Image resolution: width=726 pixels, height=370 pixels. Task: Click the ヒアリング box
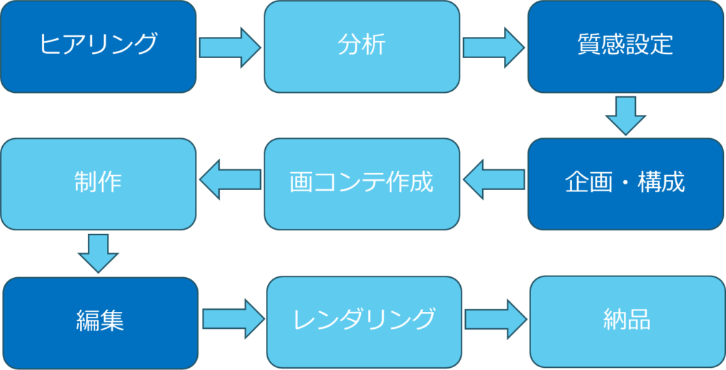click(98, 46)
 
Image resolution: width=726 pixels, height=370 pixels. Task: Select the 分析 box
click(362, 46)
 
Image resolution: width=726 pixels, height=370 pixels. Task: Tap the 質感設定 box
click(625, 46)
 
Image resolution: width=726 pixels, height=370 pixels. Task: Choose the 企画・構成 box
click(625, 184)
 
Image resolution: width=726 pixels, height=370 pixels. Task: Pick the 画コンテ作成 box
click(362, 184)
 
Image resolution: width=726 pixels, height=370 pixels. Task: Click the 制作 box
click(98, 184)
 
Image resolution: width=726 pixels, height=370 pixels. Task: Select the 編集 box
click(101, 323)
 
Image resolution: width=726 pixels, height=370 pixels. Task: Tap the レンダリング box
click(364, 322)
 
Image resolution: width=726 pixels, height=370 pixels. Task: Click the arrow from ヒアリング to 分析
click(230, 47)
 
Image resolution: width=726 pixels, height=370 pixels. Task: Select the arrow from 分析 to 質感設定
click(493, 47)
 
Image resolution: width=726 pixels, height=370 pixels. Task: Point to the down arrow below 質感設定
click(625, 116)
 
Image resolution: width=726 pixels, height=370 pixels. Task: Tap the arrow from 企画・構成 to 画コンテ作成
click(494, 179)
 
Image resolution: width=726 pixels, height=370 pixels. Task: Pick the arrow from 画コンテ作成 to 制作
click(230, 179)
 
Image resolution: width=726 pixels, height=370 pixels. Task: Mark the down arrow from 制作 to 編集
click(98, 253)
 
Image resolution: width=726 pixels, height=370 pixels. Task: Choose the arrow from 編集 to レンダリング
click(234, 318)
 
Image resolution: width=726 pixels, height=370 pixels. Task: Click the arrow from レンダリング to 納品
click(496, 319)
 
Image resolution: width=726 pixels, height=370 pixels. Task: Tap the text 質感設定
click(625, 45)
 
